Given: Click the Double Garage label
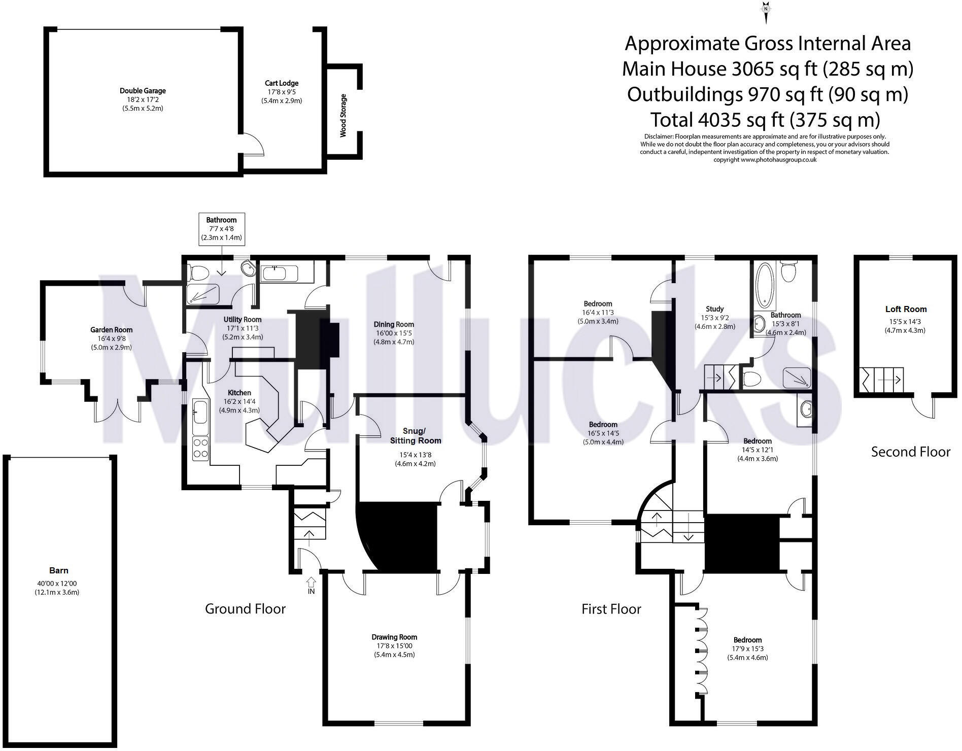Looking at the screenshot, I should tap(143, 91).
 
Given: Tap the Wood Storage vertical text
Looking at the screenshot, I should tap(343, 115).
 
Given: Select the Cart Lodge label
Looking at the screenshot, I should tap(282, 83).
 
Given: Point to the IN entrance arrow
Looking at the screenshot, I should tap(311, 584).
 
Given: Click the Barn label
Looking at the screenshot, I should tap(59, 570).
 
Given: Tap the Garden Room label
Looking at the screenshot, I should tap(112, 330).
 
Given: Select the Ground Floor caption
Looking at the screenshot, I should tap(245, 609).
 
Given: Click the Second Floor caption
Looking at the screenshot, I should tap(910, 452).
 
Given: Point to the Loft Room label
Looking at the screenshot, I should tap(906, 309).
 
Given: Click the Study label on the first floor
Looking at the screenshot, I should tap(714, 309).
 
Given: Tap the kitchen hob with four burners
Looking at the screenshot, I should tap(201, 449).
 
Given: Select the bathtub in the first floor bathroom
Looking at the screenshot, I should tap(762, 285).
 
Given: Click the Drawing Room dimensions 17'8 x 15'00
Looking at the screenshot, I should tap(394, 646).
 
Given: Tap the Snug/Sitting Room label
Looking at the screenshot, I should tap(415, 436).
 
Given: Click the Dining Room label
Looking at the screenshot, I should tap(394, 324).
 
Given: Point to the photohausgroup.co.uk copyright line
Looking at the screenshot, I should tap(765, 159).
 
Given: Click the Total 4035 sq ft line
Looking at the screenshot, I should tap(765, 120).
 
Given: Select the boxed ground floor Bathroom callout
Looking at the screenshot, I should tap(221, 229).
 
